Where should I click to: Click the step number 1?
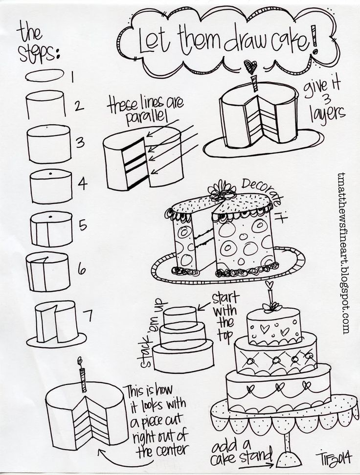(x=72, y=77)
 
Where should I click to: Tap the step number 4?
(x=82, y=183)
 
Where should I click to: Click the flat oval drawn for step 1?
(x=45, y=75)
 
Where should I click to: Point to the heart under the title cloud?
(x=251, y=67)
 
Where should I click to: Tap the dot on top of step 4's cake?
(x=50, y=173)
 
